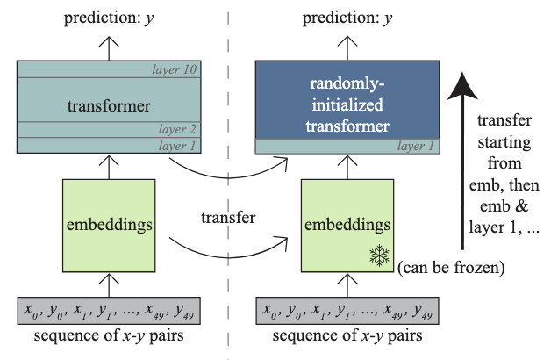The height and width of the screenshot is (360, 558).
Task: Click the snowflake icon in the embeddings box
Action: click(379, 256)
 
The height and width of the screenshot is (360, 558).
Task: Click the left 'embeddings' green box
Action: click(109, 224)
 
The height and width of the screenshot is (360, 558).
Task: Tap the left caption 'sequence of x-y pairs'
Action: click(108, 339)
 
